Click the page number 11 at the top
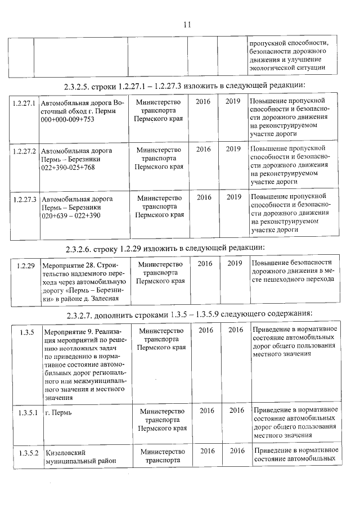(x=187, y=24)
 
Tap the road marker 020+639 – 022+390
(x=71, y=215)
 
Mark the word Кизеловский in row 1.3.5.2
(x=66, y=452)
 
